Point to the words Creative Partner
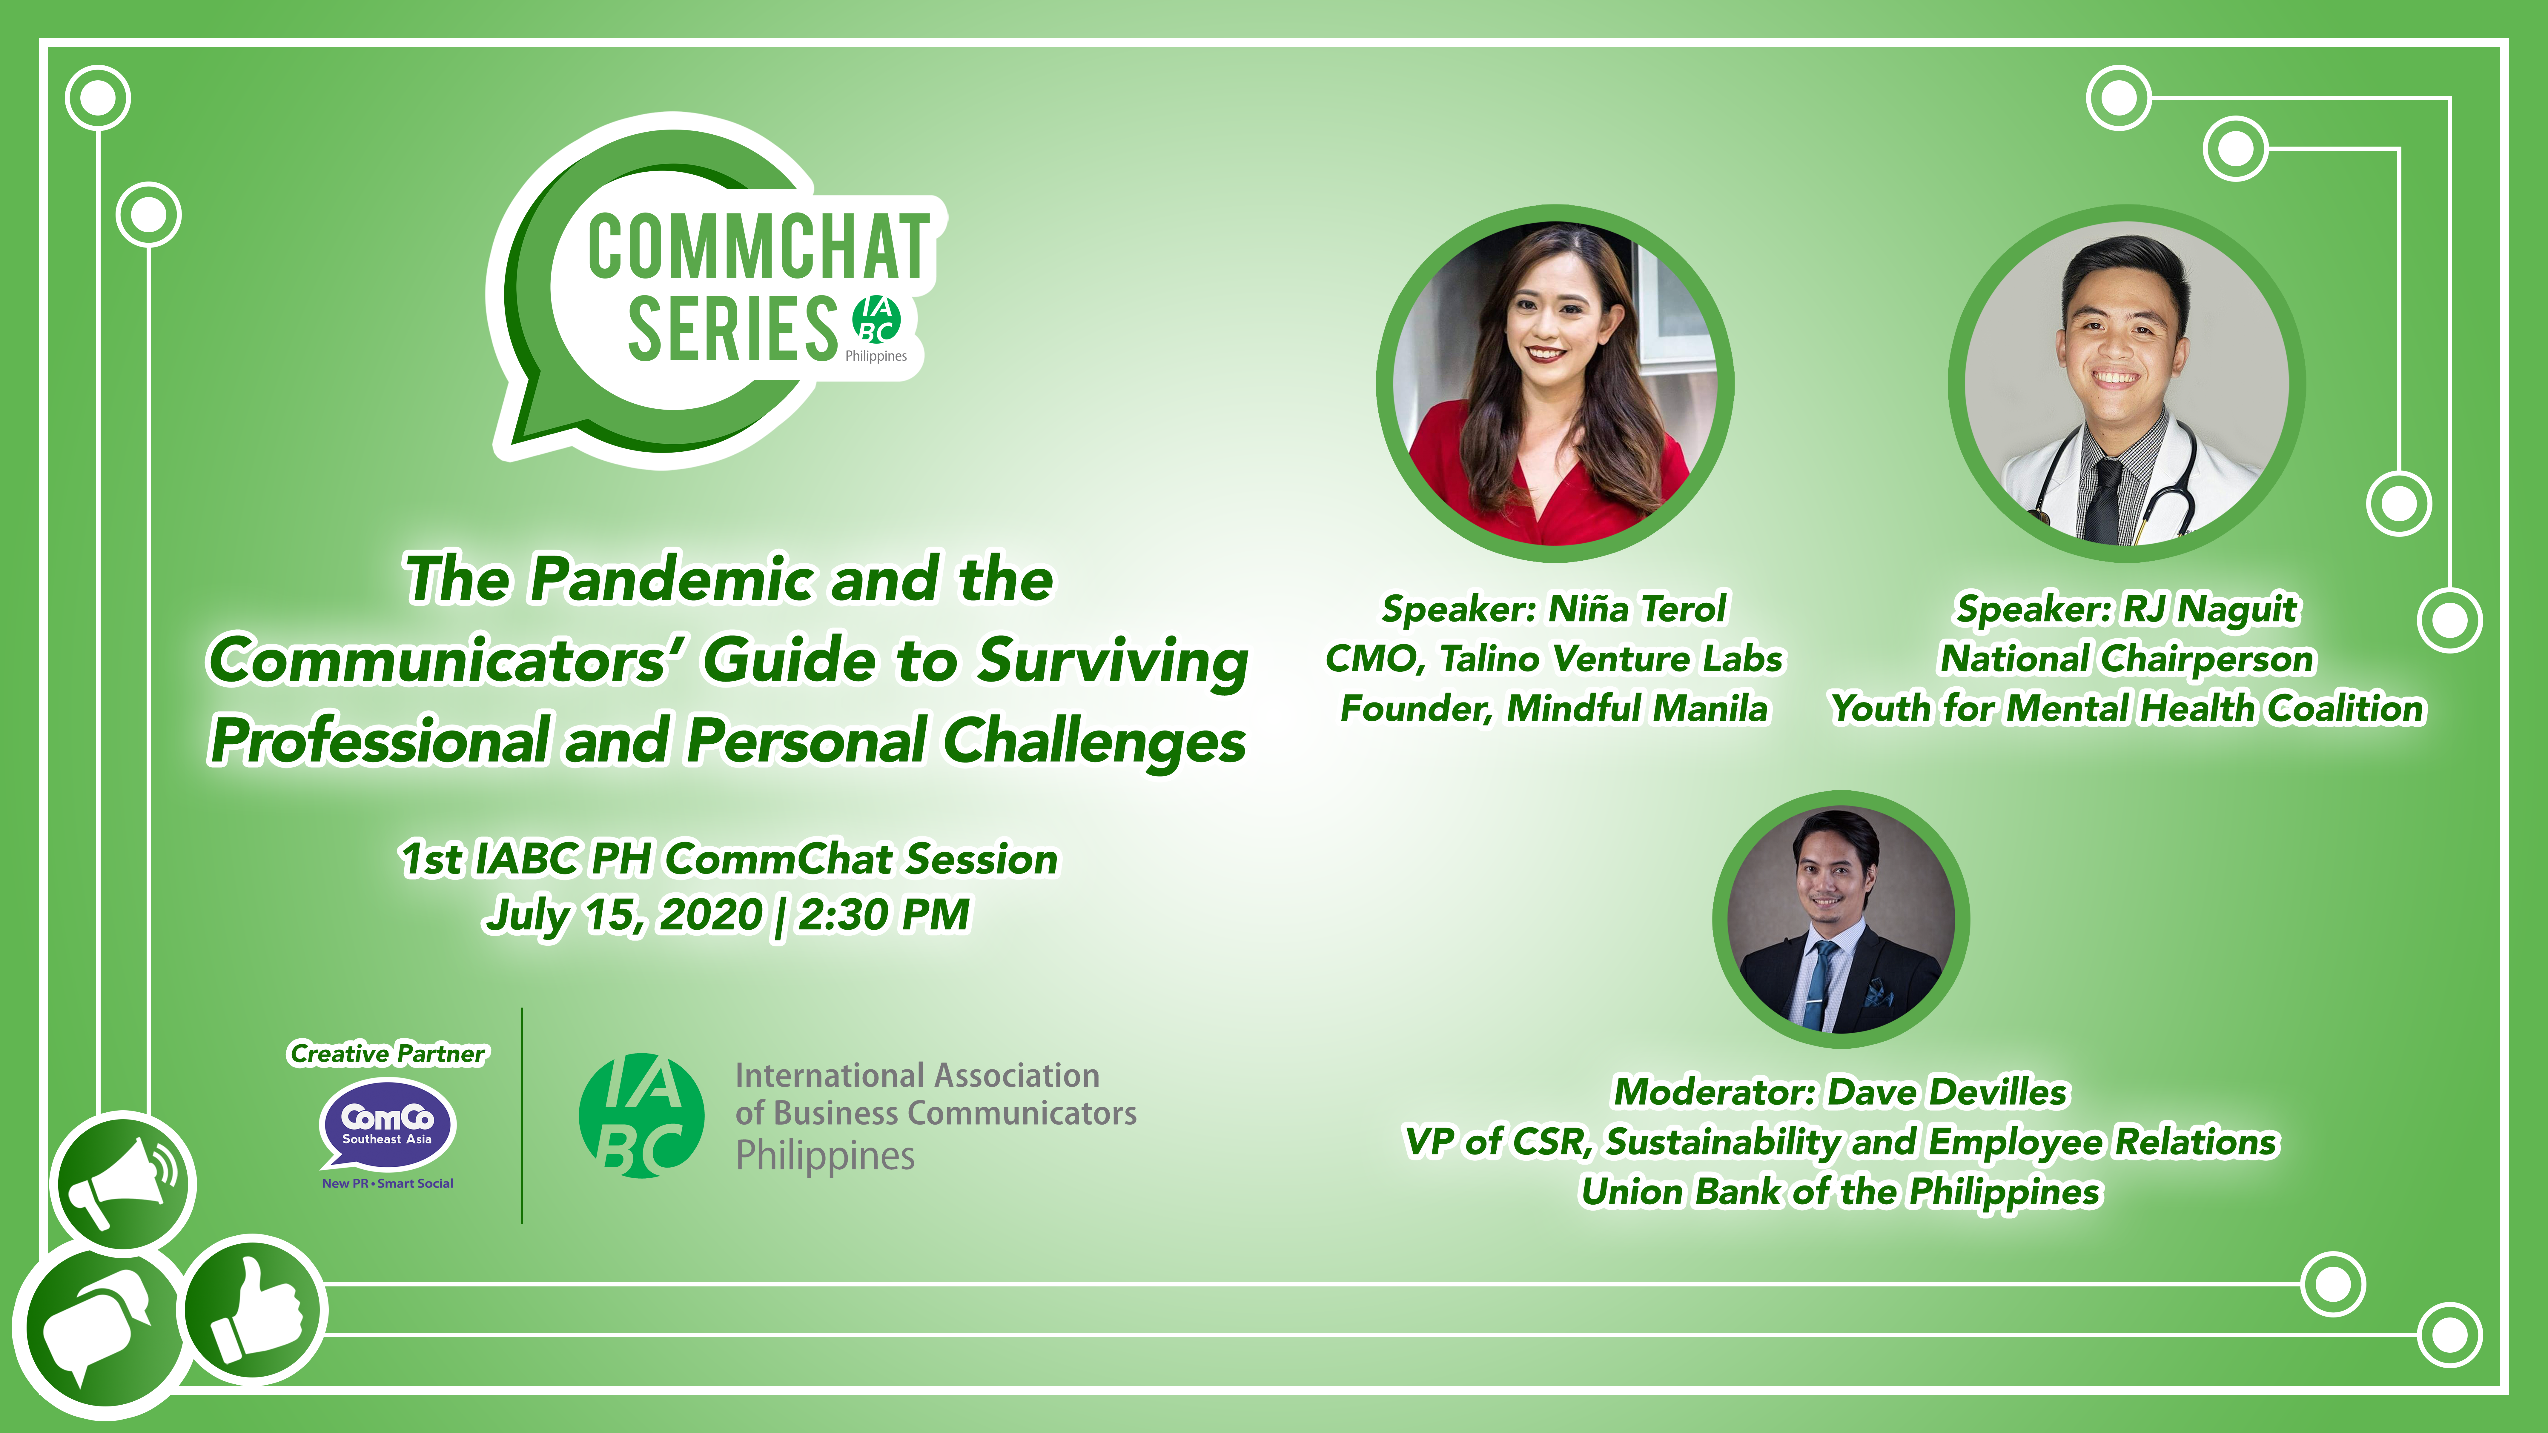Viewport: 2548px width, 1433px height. (388, 1053)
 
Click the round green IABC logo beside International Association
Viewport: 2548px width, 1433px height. (641, 1116)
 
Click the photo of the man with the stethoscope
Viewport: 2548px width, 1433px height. (2127, 383)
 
